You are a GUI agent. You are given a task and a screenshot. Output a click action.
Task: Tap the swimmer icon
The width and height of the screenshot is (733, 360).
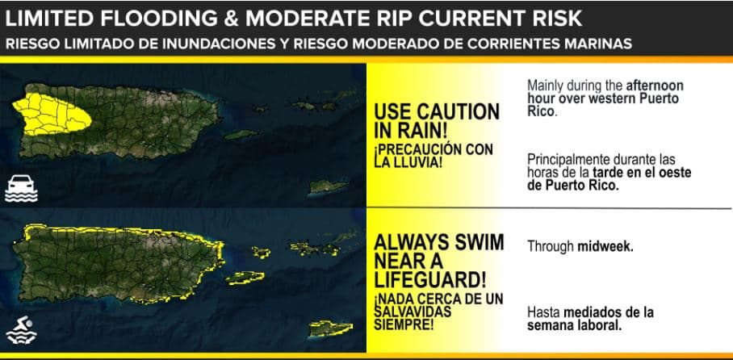pos(22,331)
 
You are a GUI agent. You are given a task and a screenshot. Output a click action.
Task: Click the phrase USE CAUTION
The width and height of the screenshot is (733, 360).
pos(437,110)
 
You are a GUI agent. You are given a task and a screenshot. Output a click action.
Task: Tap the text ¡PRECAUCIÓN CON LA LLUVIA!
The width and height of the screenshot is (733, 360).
pos(433,156)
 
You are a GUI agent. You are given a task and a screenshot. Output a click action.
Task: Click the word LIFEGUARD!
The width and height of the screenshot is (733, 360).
pos(430,279)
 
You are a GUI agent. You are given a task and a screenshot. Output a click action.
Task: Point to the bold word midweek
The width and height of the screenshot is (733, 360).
pos(605,247)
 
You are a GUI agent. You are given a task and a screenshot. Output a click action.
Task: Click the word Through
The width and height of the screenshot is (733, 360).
pos(551,247)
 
